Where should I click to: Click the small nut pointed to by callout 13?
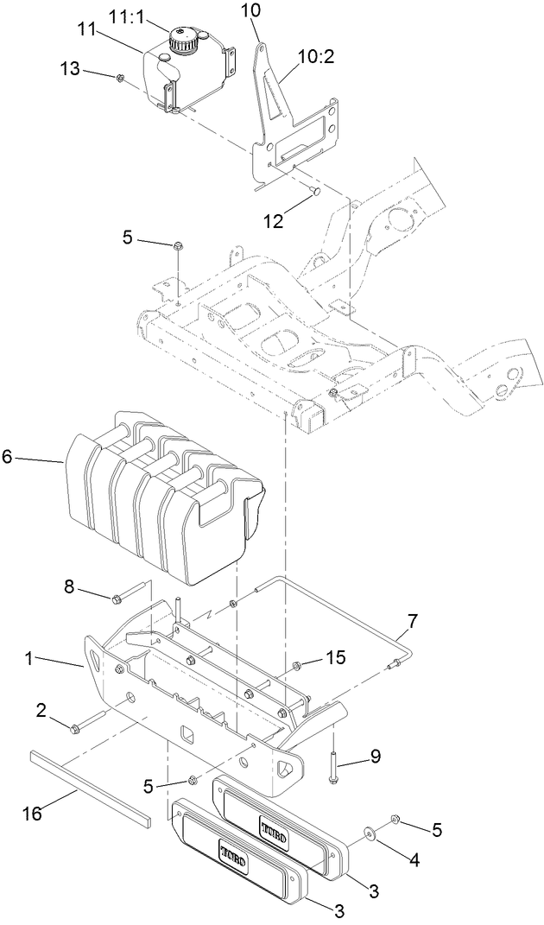point(121,79)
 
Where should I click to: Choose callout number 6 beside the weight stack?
point(7,457)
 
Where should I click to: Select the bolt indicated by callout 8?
point(124,596)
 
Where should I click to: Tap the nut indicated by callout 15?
point(298,664)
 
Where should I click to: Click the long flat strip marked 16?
point(91,787)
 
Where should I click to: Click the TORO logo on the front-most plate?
point(232,858)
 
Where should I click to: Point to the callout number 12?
point(273,221)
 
